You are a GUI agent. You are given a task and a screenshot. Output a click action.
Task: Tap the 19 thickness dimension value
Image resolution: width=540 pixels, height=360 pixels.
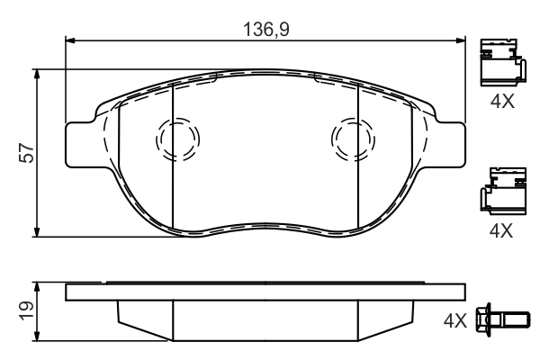[28, 310]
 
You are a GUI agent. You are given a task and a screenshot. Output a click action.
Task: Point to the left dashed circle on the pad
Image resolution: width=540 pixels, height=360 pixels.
[176, 139]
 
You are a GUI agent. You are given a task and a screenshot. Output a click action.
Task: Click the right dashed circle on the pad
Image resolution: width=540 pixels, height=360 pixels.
[351, 140]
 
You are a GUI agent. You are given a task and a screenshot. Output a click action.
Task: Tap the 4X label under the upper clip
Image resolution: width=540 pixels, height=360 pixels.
[500, 103]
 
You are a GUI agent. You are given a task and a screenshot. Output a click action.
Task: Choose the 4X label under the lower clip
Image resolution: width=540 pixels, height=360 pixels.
[500, 230]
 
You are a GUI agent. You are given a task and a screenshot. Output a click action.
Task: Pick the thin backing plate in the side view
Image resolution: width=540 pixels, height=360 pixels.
[265, 292]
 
